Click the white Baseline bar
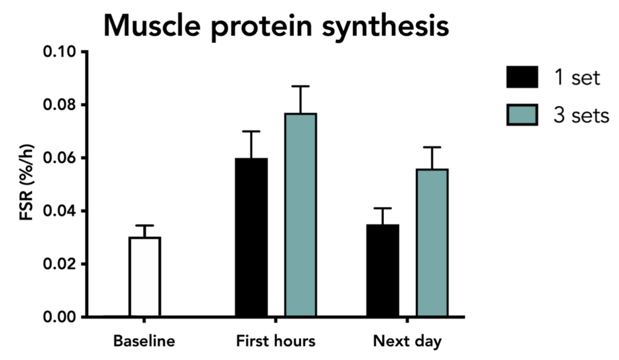click(144, 277)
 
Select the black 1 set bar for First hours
click(251, 237)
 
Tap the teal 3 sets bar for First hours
click(301, 214)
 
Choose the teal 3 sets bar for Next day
click(432, 242)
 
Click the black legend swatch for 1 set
click(522, 78)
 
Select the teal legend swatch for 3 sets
click(522, 115)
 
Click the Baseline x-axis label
click(144, 341)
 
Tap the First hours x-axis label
click(276, 341)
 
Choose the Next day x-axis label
click(407, 341)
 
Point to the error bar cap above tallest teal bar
click(301, 86)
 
